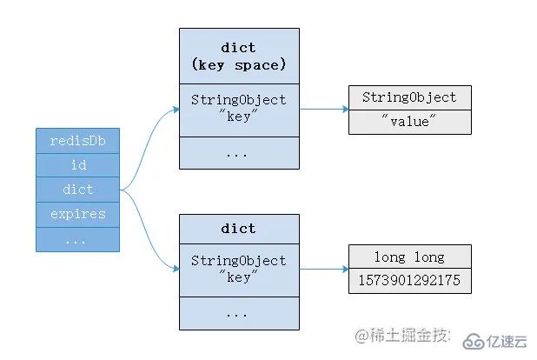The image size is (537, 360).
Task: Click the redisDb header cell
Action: (76, 140)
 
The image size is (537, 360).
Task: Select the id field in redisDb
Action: (76, 164)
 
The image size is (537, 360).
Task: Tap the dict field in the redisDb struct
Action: (76, 190)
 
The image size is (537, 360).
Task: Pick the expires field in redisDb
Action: (76, 214)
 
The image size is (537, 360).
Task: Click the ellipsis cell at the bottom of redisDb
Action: (76, 239)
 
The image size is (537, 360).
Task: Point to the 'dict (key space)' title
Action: (238, 55)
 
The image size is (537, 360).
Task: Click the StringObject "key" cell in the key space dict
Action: (238, 108)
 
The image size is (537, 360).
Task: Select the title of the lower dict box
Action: (238, 229)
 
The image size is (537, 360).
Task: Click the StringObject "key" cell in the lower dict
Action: (238, 268)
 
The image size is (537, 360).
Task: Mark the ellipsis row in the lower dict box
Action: (238, 313)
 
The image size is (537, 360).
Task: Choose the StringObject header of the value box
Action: (409, 97)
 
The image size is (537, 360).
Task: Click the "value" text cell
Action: (409, 122)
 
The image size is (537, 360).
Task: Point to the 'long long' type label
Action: (409, 257)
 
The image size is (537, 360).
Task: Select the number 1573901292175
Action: (409, 282)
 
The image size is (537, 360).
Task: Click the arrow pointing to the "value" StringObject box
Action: (323, 109)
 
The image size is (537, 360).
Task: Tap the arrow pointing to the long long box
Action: (323, 269)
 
